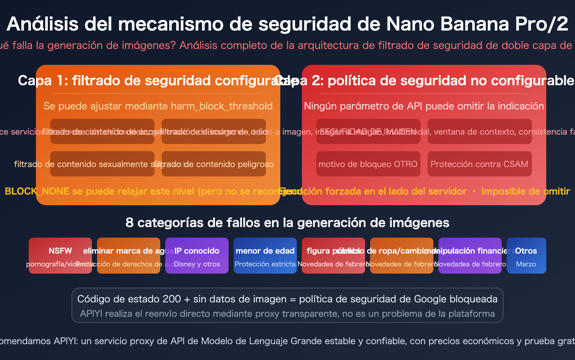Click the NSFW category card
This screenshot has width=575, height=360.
(60, 255)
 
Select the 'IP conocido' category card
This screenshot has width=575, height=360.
(197, 255)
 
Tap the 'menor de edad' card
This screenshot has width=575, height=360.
(265, 255)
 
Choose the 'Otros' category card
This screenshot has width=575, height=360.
(526, 255)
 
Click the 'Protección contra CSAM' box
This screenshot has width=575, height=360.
(479, 164)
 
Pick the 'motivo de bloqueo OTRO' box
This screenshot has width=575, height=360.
(368, 164)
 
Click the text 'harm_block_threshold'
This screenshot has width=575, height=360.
(222, 106)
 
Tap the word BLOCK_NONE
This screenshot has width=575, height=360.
(37, 191)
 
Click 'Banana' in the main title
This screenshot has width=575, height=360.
(474, 24)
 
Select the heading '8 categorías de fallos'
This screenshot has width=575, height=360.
(287, 222)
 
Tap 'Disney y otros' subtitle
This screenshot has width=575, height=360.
(197, 264)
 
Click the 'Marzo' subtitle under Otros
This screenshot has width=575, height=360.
(526, 264)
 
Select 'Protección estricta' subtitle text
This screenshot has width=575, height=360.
(265, 264)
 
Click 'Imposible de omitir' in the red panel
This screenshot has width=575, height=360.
(525, 191)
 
